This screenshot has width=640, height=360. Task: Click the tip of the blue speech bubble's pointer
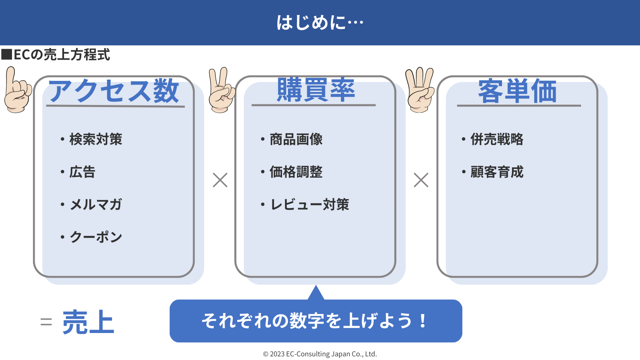(x=316, y=286)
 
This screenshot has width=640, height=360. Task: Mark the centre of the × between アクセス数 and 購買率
(x=220, y=180)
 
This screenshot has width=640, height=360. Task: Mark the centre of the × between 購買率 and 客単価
(x=421, y=180)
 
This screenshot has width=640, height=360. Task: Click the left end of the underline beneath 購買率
(x=252, y=105)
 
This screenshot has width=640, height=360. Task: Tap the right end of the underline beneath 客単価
(x=581, y=106)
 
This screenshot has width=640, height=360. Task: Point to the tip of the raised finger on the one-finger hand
(x=11, y=68)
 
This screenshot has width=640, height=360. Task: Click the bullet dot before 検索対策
(x=62, y=139)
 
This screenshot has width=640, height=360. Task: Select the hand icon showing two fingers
(x=221, y=90)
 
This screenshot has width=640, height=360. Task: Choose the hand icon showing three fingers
(x=420, y=90)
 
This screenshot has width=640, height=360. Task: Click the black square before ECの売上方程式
(x=7, y=54)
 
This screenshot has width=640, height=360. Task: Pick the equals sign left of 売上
(x=46, y=322)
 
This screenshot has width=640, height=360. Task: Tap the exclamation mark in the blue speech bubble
(x=423, y=321)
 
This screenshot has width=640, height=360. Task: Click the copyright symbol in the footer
(x=266, y=354)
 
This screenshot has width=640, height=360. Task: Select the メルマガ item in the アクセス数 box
(x=96, y=204)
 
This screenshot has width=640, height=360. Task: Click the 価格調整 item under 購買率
(x=296, y=172)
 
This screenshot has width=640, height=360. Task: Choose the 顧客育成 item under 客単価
(x=497, y=172)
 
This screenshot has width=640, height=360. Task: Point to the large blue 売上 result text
(x=88, y=322)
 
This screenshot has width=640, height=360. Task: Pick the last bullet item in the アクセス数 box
(x=96, y=237)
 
